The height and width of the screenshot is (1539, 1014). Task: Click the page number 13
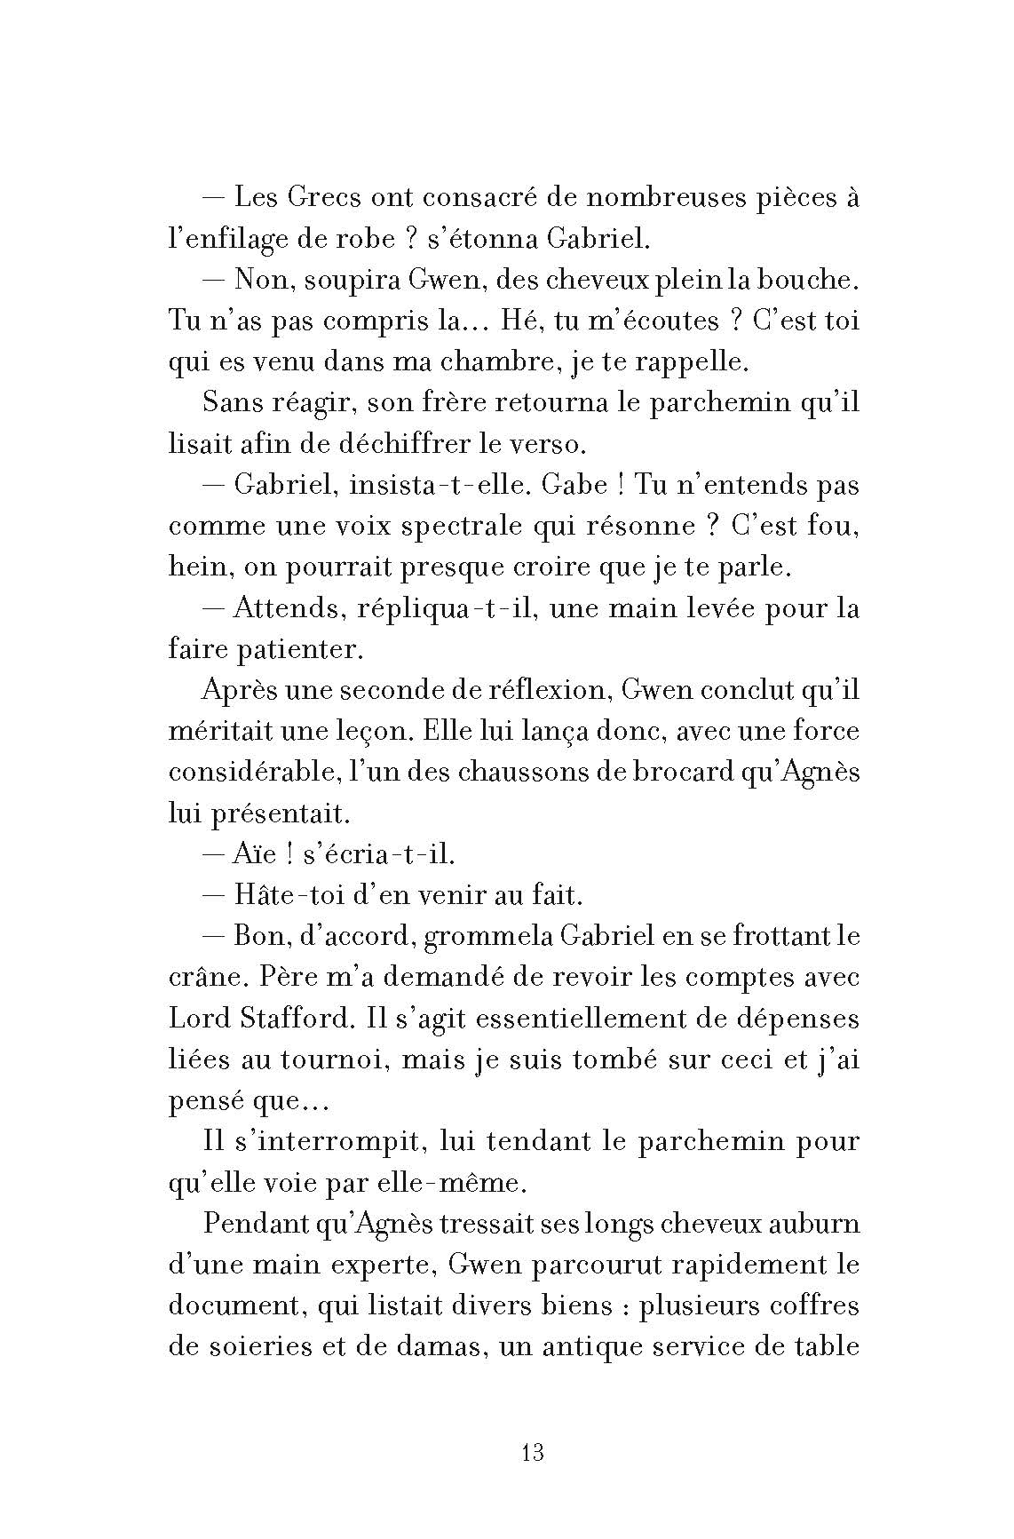[533, 1454]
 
